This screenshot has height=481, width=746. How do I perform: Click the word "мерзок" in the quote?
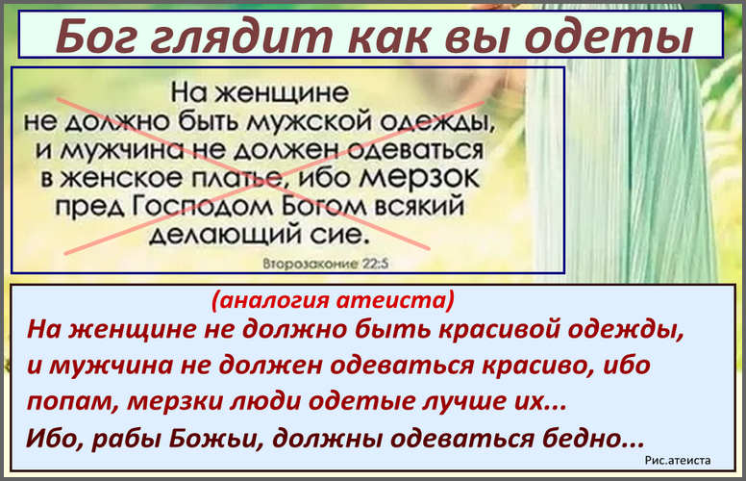(x=419, y=178)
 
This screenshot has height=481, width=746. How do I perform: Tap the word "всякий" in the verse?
(x=419, y=206)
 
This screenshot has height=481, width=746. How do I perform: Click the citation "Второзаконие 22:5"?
(x=326, y=264)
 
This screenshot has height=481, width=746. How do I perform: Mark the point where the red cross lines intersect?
(x=266, y=176)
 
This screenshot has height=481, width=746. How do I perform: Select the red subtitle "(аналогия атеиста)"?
(x=333, y=299)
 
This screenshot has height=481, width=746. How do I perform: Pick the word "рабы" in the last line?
(x=126, y=438)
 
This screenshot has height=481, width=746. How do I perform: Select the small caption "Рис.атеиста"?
(x=678, y=460)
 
